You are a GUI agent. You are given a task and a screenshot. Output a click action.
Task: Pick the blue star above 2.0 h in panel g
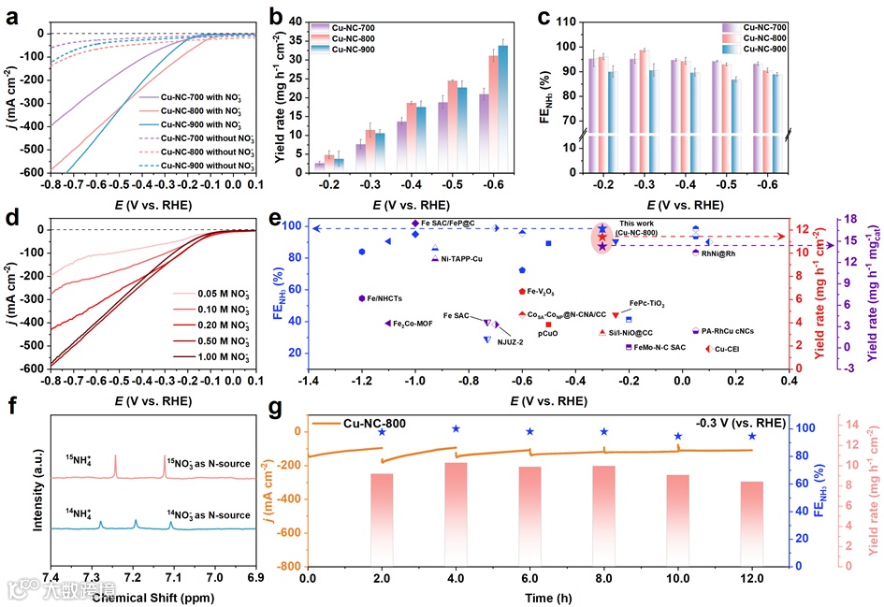(x=382, y=432)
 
